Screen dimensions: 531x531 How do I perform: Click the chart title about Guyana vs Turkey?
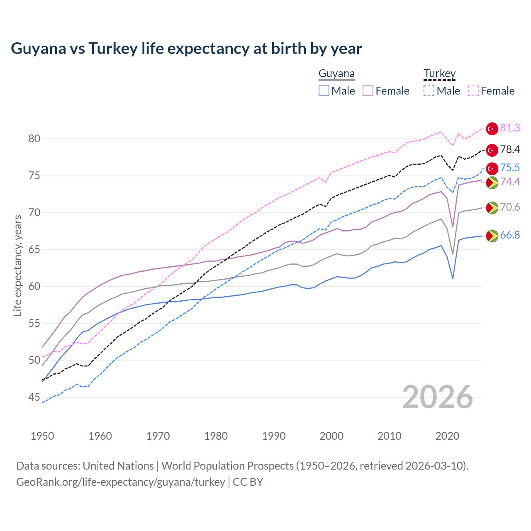(x=186, y=49)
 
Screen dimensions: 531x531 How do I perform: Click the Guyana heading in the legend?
(x=336, y=73)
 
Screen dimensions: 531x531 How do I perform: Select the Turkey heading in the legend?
(x=439, y=73)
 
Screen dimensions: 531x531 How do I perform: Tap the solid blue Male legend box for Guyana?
(x=324, y=91)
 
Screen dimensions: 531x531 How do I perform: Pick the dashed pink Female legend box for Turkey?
(x=473, y=91)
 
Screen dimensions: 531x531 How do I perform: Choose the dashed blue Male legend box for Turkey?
(x=429, y=91)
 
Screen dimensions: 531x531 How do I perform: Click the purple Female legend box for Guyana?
(x=368, y=91)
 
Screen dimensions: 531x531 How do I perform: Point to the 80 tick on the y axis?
(x=34, y=139)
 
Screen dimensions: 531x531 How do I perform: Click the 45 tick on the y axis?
(x=34, y=397)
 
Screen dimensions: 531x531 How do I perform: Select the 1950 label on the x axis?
(x=42, y=436)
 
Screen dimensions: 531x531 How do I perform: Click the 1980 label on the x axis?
(x=216, y=436)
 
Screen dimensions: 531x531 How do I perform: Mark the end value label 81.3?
(x=510, y=128)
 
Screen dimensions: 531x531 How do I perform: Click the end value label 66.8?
(x=510, y=235)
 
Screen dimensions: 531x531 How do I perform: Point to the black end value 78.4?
(x=510, y=150)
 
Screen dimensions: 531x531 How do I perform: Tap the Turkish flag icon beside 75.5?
(x=492, y=168)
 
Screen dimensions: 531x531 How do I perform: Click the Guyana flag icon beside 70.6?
(x=492, y=207)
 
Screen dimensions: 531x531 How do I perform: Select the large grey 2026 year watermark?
(x=437, y=397)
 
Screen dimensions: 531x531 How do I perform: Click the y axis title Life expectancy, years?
(x=18, y=265)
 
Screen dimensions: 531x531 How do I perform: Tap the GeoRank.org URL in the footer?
(x=120, y=482)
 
